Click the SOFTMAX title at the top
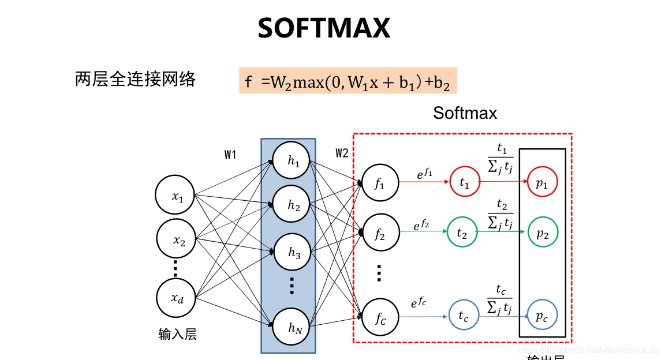(324, 28)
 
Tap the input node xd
(175, 298)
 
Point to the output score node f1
(379, 184)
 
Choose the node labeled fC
(379, 317)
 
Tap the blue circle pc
(542, 316)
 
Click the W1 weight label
(230, 155)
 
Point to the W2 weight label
(342, 153)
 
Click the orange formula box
(348, 81)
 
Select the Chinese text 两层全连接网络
(136, 78)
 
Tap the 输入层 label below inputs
(177, 334)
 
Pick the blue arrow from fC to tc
(423, 316)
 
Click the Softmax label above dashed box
(465, 112)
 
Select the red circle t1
(465, 182)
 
